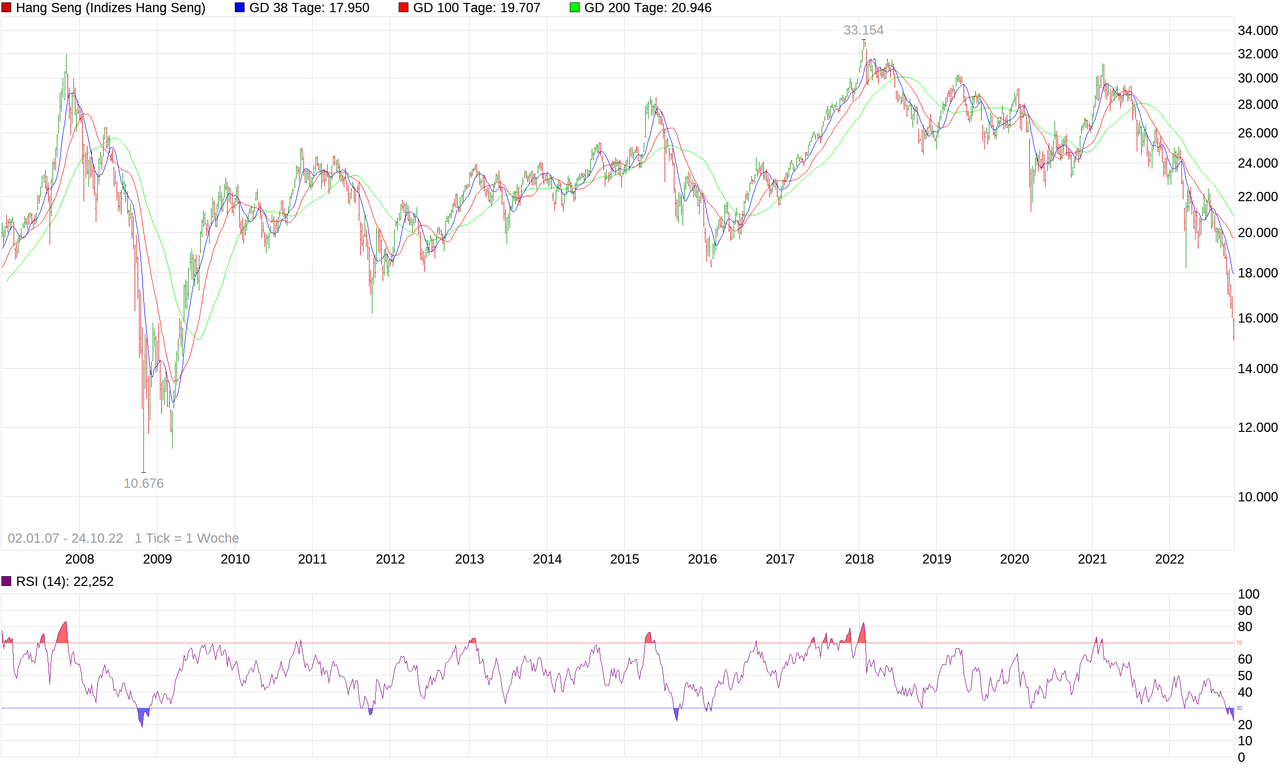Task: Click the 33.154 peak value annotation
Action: coord(863,30)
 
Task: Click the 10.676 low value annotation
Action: coord(143,483)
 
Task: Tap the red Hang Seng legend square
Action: coord(6,8)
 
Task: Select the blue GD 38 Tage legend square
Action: coord(240,8)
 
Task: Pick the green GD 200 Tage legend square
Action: coord(574,8)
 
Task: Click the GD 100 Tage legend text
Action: coord(476,8)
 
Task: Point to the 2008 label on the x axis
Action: coord(80,559)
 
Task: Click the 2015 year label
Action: coord(624,559)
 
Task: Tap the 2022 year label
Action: coord(1169,559)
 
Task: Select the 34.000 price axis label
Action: coord(1257,31)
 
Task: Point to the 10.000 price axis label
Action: coord(1257,497)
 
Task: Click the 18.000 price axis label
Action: coord(1257,273)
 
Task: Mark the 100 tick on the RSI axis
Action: coord(1249,594)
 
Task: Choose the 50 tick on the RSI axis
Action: coord(1245,675)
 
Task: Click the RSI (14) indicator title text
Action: coord(65,582)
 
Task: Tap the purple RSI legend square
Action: coord(6,581)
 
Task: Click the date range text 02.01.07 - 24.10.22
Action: coord(66,538)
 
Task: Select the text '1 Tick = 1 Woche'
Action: coord(187,538)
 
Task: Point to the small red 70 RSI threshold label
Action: coord(1239,643)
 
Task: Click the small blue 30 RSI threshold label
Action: coord(1239,708)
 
